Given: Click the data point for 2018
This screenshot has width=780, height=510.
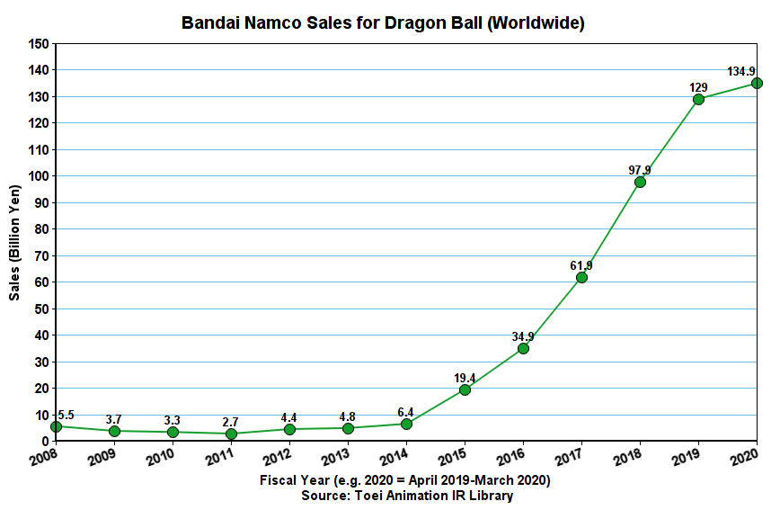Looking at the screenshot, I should (x=640, y=182).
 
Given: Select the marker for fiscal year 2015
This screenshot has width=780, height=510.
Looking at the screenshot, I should (x=465, y=389).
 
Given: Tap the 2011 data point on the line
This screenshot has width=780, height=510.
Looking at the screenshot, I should (x=231, y=434).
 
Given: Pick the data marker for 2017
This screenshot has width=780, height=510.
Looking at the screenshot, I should (x=581, y=277).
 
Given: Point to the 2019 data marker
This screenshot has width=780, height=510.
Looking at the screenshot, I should (x=698, y=99).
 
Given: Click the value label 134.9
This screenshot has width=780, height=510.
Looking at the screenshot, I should (x=740, y=71).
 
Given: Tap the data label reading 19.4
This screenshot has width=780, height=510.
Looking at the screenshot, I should (x=465, y=378).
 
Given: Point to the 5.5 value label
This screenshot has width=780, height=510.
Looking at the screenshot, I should (x=65, y=416).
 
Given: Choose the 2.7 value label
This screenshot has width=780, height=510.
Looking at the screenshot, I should (x=231, y=421).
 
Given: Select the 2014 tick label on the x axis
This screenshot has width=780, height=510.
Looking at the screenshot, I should (x=394, y=458).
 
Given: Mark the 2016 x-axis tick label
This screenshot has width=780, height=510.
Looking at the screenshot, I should (x=511, y=458).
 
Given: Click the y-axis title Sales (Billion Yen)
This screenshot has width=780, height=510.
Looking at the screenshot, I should (x=14, y=242).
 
